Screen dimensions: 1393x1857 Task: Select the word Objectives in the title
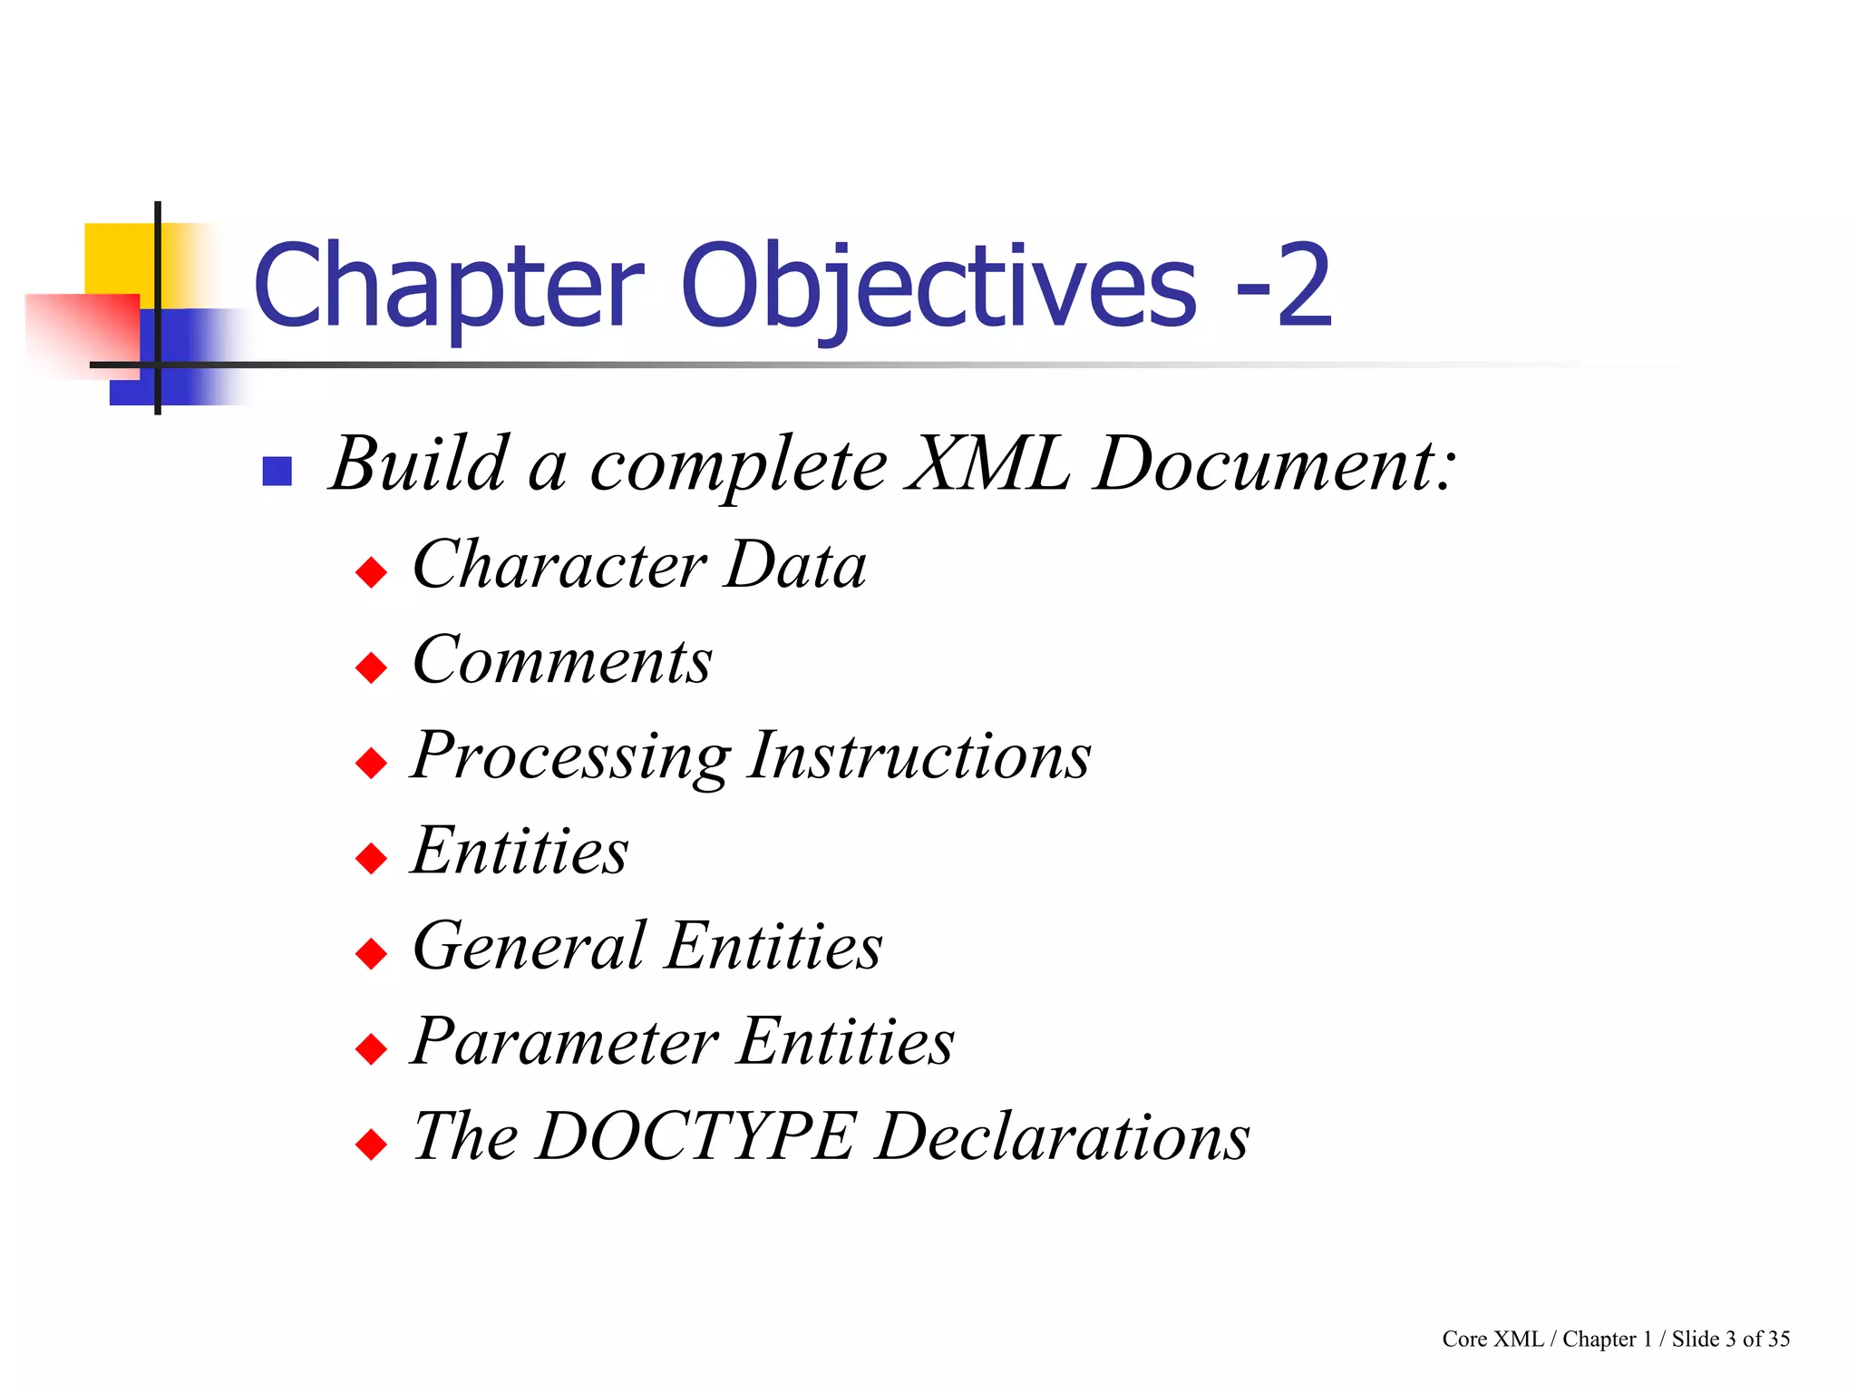tap(939, 288)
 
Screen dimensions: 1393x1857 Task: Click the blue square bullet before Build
tap(277, 472)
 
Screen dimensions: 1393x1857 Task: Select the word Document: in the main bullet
tap(1274, 464)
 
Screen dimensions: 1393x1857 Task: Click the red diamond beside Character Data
tap(372, 573)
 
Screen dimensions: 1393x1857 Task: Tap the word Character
tap(559, 565)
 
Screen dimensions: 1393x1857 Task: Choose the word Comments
tap(562, 660)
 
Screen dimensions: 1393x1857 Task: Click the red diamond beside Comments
tap(372, 668)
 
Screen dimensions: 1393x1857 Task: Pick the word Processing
tap(570, 756)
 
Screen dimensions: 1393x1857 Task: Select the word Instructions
tap(920, 755)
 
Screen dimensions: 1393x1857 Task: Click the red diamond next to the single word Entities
tap(372, 858)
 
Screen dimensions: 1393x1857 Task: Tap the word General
tap(530, 946)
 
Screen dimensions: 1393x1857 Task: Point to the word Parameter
tap(565, 1041)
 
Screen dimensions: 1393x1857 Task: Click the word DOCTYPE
tap(695, 1136)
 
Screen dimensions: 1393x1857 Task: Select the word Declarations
tap(1063, 1136)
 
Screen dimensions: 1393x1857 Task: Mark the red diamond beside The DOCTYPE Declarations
tap(372, 1145)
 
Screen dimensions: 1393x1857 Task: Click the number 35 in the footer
tap(1778, 1339)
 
